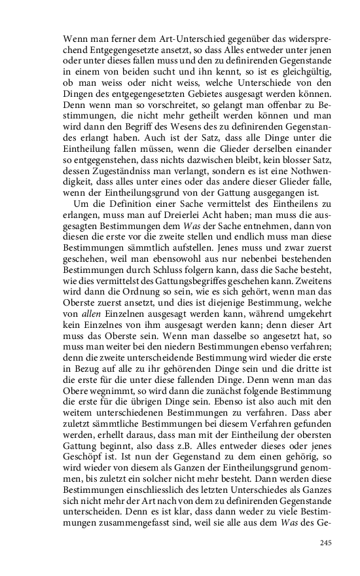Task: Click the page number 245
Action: pos(327,542)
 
